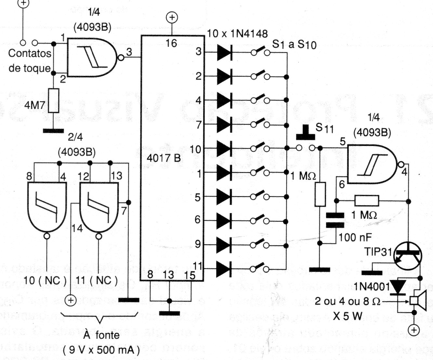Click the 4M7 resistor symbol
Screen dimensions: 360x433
coord(54,100)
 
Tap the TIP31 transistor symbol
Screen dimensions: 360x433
coord(408,254)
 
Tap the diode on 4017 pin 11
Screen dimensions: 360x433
coord(224,269)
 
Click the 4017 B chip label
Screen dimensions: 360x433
coord(164,158)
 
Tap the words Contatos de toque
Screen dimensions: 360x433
coord(30,61)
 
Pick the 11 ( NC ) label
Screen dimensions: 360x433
coord(97,280)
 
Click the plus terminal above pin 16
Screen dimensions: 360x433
coord(172,17)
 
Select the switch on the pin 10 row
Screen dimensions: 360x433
coord(260,149)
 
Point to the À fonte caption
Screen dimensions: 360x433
coord(101,335)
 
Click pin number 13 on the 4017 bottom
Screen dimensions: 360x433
coord(169,275)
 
